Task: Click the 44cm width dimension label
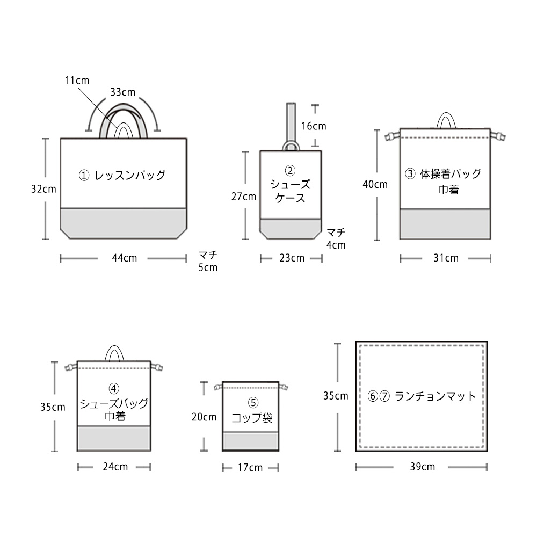click(125, 258)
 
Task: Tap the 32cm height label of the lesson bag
click(43, 189)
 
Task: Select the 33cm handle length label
click(122, 92)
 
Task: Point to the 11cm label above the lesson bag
click(77, 81)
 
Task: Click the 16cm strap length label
click(314, 126)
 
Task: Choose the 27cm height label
click(243, 197)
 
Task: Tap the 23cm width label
click(292, 258)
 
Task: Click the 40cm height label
click(375, 184)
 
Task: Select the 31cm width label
click(446, 258)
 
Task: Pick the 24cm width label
click(115, 467)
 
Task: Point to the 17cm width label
click(250, 468)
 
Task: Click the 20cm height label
click(204, 417)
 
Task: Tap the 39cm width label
click(422, 467)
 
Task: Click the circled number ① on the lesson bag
click(84, 176)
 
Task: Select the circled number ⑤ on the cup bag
click(253, 402)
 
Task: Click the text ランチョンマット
click(435, 396)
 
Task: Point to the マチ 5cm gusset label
click(208, 261)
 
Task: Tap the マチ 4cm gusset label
click(336, 239)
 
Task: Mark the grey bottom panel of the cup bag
click(250, 441)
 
